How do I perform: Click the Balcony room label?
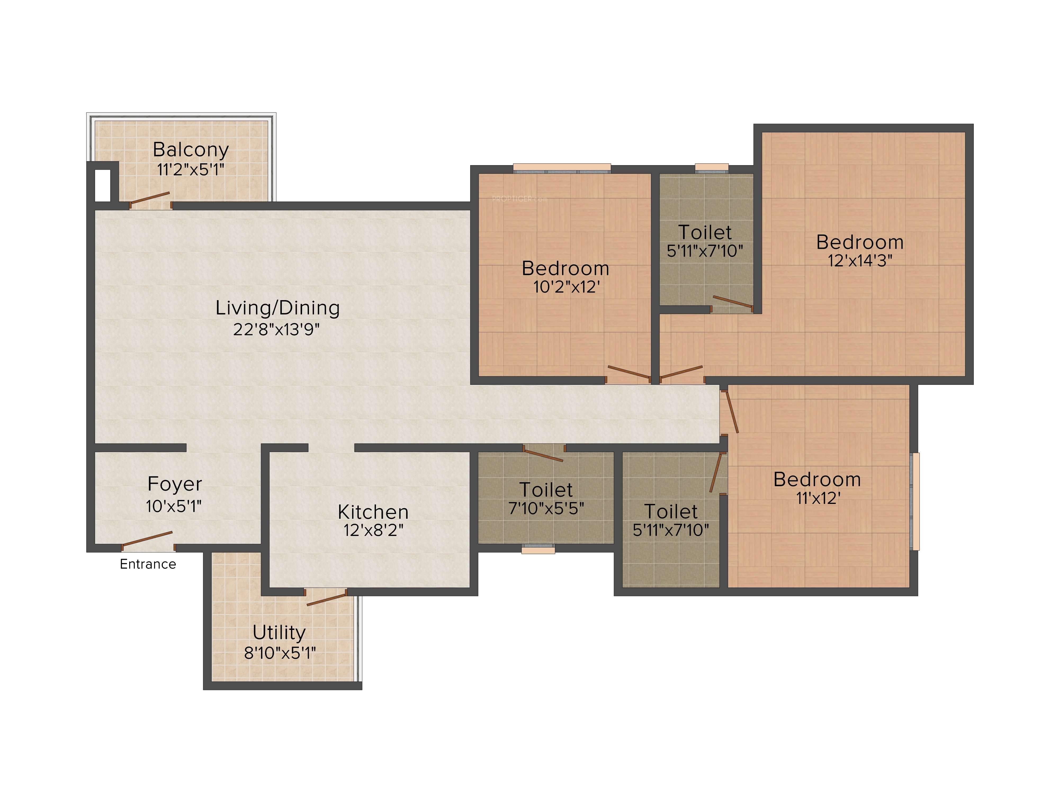point(191,150)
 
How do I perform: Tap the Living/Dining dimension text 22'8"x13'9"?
point(276,329)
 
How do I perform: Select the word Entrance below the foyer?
point(148,564)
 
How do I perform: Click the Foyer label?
point(175,484)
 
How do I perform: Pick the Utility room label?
point(279,633)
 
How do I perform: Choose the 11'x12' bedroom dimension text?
point(818,498)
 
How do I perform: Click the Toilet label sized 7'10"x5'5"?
point(546,490)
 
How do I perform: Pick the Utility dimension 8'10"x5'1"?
point(280,653)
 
